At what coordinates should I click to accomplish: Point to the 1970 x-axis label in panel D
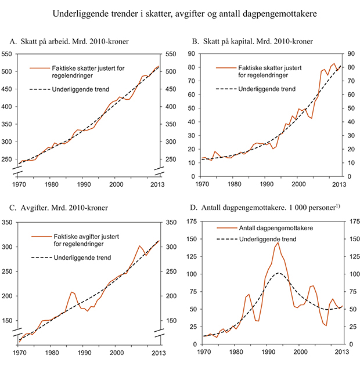[x=204, y=351]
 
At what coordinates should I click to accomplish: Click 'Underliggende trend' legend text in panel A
[x=87, y=89]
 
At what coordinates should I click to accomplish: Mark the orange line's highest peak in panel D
[x=278, y=242]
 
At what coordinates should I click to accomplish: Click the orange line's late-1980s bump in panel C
[x=72, y=292]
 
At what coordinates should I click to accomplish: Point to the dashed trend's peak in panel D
[x=279, y=273]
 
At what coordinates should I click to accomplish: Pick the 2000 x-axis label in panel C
[x=116, y=351]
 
